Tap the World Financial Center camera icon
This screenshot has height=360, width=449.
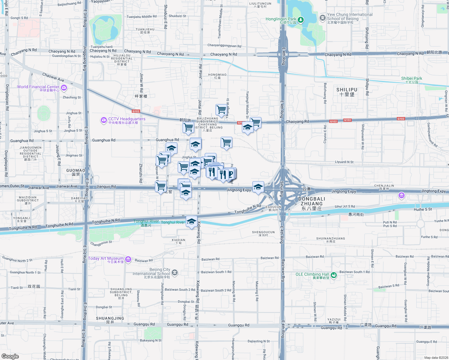pos(64,88)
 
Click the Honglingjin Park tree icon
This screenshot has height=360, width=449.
pos(300,20)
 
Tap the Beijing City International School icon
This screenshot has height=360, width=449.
pos(175,273)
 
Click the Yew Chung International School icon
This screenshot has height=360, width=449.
pos(322,18)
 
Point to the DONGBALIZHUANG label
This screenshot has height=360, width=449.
pos(312,203)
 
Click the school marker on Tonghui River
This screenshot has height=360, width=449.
pos(191,222)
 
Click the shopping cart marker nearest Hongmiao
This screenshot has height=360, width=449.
pos(221,110)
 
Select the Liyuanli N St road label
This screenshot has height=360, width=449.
pos(344,162)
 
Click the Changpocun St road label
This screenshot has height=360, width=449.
pos(101,243)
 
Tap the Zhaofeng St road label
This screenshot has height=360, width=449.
pos(71,97)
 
